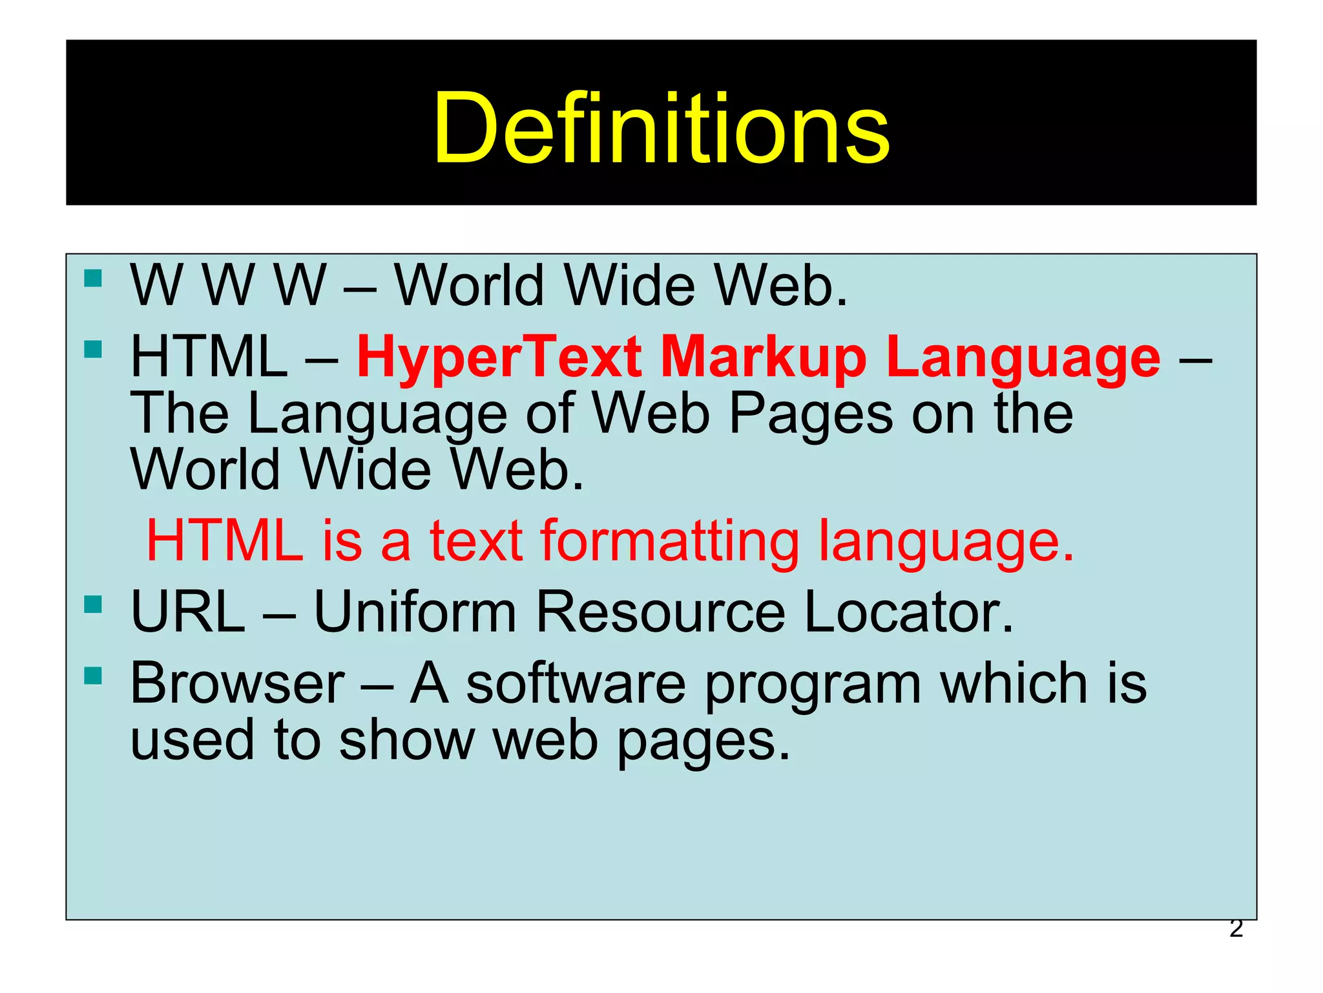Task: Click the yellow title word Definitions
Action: [x=661, y=127]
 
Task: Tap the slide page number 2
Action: [x=1236, y=928]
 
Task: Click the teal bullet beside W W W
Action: [x=93, y=278]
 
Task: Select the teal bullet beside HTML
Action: [x=93, y=349]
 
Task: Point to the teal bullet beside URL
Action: [x=93, y=604]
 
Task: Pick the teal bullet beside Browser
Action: [x=93, y=676]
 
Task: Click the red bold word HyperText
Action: [x=499, y=358]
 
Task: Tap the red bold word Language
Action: [x=1023, y=358]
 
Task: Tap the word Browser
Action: [x=238, y=683]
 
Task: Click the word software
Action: [x=576, y=683]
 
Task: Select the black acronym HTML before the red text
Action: [x=209, y=358]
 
